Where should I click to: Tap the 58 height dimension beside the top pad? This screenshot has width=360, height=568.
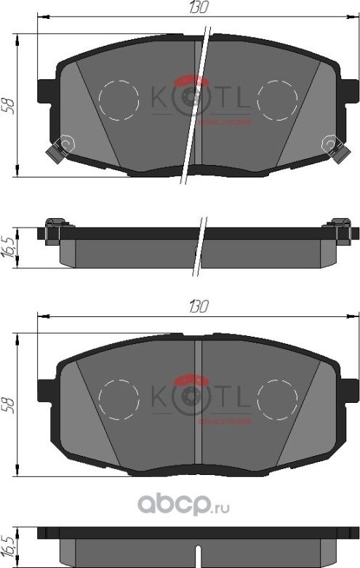point(9,105)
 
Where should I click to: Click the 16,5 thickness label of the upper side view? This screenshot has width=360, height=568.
point(9,246)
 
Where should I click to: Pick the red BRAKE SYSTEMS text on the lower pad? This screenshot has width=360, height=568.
point(225,421)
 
